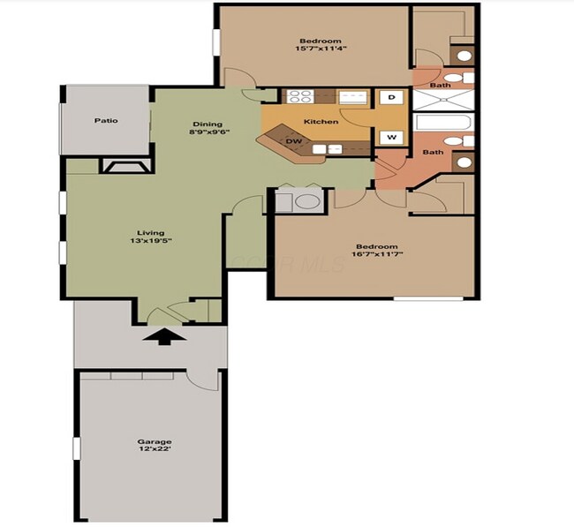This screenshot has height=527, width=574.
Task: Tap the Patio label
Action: click(x=107, y=121)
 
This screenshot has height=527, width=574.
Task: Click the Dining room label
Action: click(x=207, y=128)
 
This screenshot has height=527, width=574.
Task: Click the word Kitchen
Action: click(x=321, y=121)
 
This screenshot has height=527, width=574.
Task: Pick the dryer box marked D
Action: click(x=391, y=96)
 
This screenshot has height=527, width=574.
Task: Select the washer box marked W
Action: click(x=391, y=138)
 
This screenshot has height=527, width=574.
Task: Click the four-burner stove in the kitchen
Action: click(x=299, y=97)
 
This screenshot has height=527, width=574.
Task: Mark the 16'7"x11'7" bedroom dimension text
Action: click(x=376, y=257)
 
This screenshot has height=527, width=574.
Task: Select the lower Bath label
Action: click(x=433, y=152)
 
